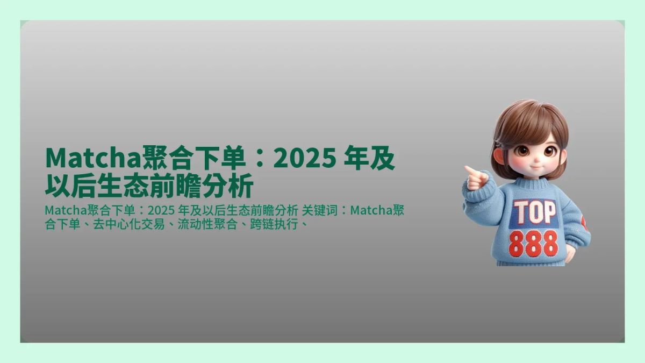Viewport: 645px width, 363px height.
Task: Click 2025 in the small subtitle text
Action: pos(160,210)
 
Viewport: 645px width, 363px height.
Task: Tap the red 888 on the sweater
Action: pos(533,243)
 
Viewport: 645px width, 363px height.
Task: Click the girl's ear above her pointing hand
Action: pos(499,157)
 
